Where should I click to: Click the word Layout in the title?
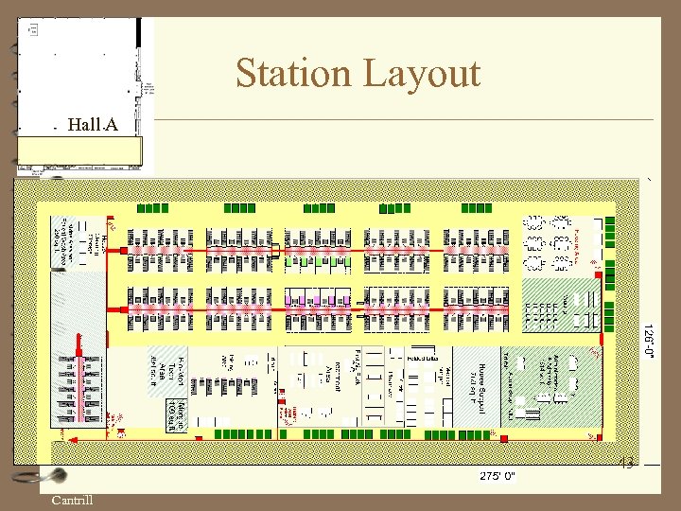(425, 73)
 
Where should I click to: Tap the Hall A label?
(94, 125)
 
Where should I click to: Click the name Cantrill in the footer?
(72, 500)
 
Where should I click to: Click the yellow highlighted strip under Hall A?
(79, 150)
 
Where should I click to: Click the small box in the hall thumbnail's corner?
(33, 29)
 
